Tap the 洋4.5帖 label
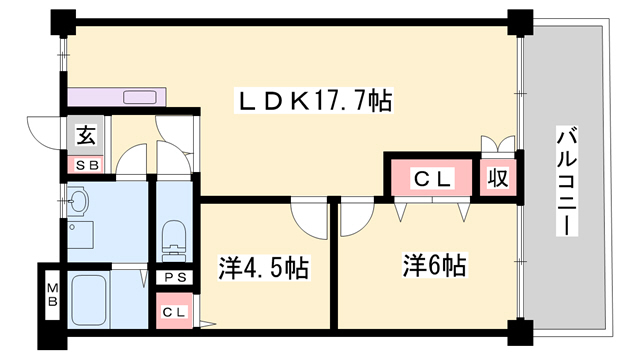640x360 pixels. [x=263, y=268]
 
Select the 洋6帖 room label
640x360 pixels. [x=435, y=266]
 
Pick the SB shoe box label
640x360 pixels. [x=82, y=164]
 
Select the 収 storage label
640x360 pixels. [x=497, y=178]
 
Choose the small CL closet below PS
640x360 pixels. [x=174, y=312]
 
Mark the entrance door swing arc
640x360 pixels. [x=45, y=131]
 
